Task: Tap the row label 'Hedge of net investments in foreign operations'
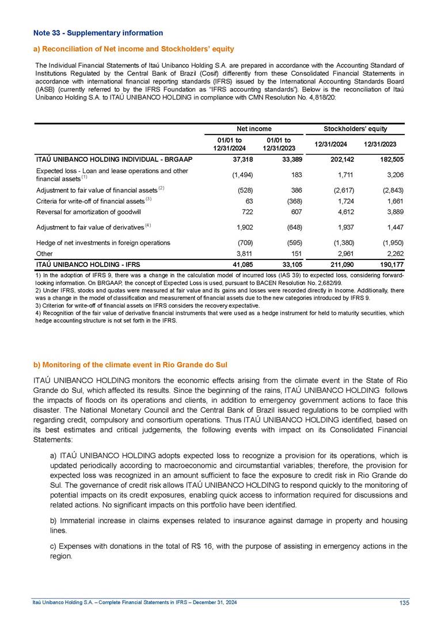point(102,242)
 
